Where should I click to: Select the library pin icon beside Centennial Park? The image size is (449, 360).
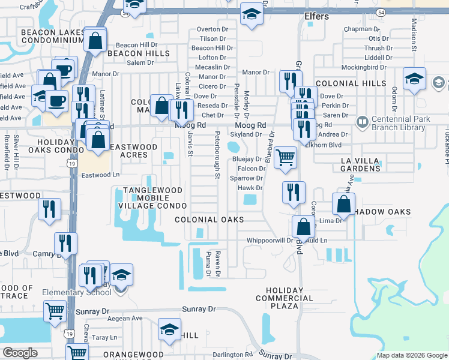(361, 123)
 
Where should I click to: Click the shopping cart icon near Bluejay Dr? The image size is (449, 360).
(286, 157)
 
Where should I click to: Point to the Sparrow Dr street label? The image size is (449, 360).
(246, 178)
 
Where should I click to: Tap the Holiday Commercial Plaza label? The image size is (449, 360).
(285, 298)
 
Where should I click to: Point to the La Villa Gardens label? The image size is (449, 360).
(361, 164)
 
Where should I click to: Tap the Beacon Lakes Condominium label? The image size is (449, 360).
(52, 36)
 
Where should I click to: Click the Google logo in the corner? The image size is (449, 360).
(20, 353)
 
